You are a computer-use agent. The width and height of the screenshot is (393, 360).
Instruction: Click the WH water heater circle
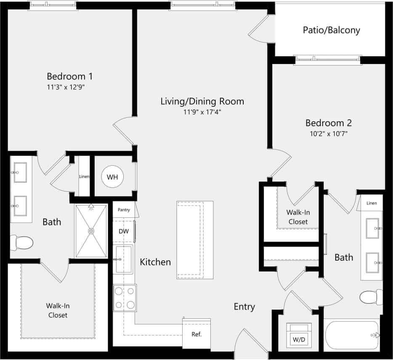pyautogui.click(x=112, y=177)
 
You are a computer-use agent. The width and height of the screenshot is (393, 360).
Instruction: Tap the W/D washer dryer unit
pyautogui.click(x=299, y=335)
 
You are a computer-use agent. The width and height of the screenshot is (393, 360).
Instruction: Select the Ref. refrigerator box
pyautogui.click(x=196, y=334)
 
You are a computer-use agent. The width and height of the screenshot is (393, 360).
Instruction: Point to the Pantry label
pyautogui.click(x=124, y=209)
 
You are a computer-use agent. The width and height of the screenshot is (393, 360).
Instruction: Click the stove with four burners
pyautogui.click(x=125, y=298)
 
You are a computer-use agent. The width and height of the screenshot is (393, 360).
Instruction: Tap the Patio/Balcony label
pyautogui.click(x=332, y=30)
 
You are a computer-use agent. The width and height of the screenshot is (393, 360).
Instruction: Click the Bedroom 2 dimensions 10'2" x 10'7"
pyautogui.click(x=328, y=134)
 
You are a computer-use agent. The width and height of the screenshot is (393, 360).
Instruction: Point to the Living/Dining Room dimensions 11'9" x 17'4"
pyautogui.click(x=202, y=112)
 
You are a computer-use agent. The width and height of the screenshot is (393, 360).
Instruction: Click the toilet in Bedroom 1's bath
pyautogui.click(x=22, y=243)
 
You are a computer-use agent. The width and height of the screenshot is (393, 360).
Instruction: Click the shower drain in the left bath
pyautogui.click(x=91, y=230)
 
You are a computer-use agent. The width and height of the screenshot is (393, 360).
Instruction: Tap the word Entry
pyautogui.click(x=244, y=307)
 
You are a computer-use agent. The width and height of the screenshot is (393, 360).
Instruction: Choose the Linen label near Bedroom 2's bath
pyautogui.click(x=372, y=203)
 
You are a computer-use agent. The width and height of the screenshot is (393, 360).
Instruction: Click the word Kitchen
pyautogui.click(x=155, y=262)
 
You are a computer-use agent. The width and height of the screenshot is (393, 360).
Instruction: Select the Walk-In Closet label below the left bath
pyautogui.click(x=58, y=310)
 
